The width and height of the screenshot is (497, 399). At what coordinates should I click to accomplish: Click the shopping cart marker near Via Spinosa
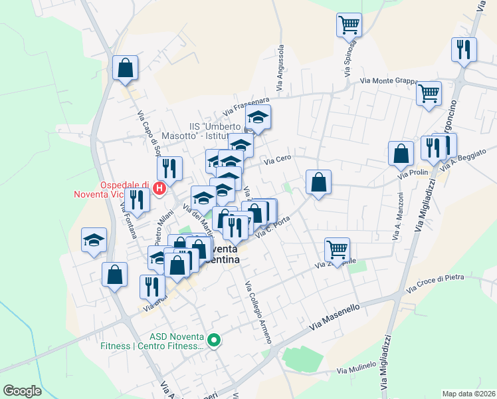(x=349, y=26)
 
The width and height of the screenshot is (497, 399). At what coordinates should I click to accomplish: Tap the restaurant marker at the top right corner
(x=464, y=50)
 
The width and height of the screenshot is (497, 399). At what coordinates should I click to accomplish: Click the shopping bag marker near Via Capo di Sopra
(x=125, y=68)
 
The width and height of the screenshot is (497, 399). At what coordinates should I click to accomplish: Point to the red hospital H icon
(x=159, y=188)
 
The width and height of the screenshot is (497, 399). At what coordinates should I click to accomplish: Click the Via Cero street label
(x=278, y=160)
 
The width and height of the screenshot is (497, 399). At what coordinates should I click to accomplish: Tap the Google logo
(x=22, y=391)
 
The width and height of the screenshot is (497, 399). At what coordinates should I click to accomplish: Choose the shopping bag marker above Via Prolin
(x=401, y=154)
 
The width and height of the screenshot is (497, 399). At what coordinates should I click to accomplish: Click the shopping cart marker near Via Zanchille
(x=338, y=250)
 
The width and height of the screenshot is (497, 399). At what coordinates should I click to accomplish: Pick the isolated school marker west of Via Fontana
(x=94, y=240)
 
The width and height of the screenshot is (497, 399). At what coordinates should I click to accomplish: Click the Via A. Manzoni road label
(x=399, y=216)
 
